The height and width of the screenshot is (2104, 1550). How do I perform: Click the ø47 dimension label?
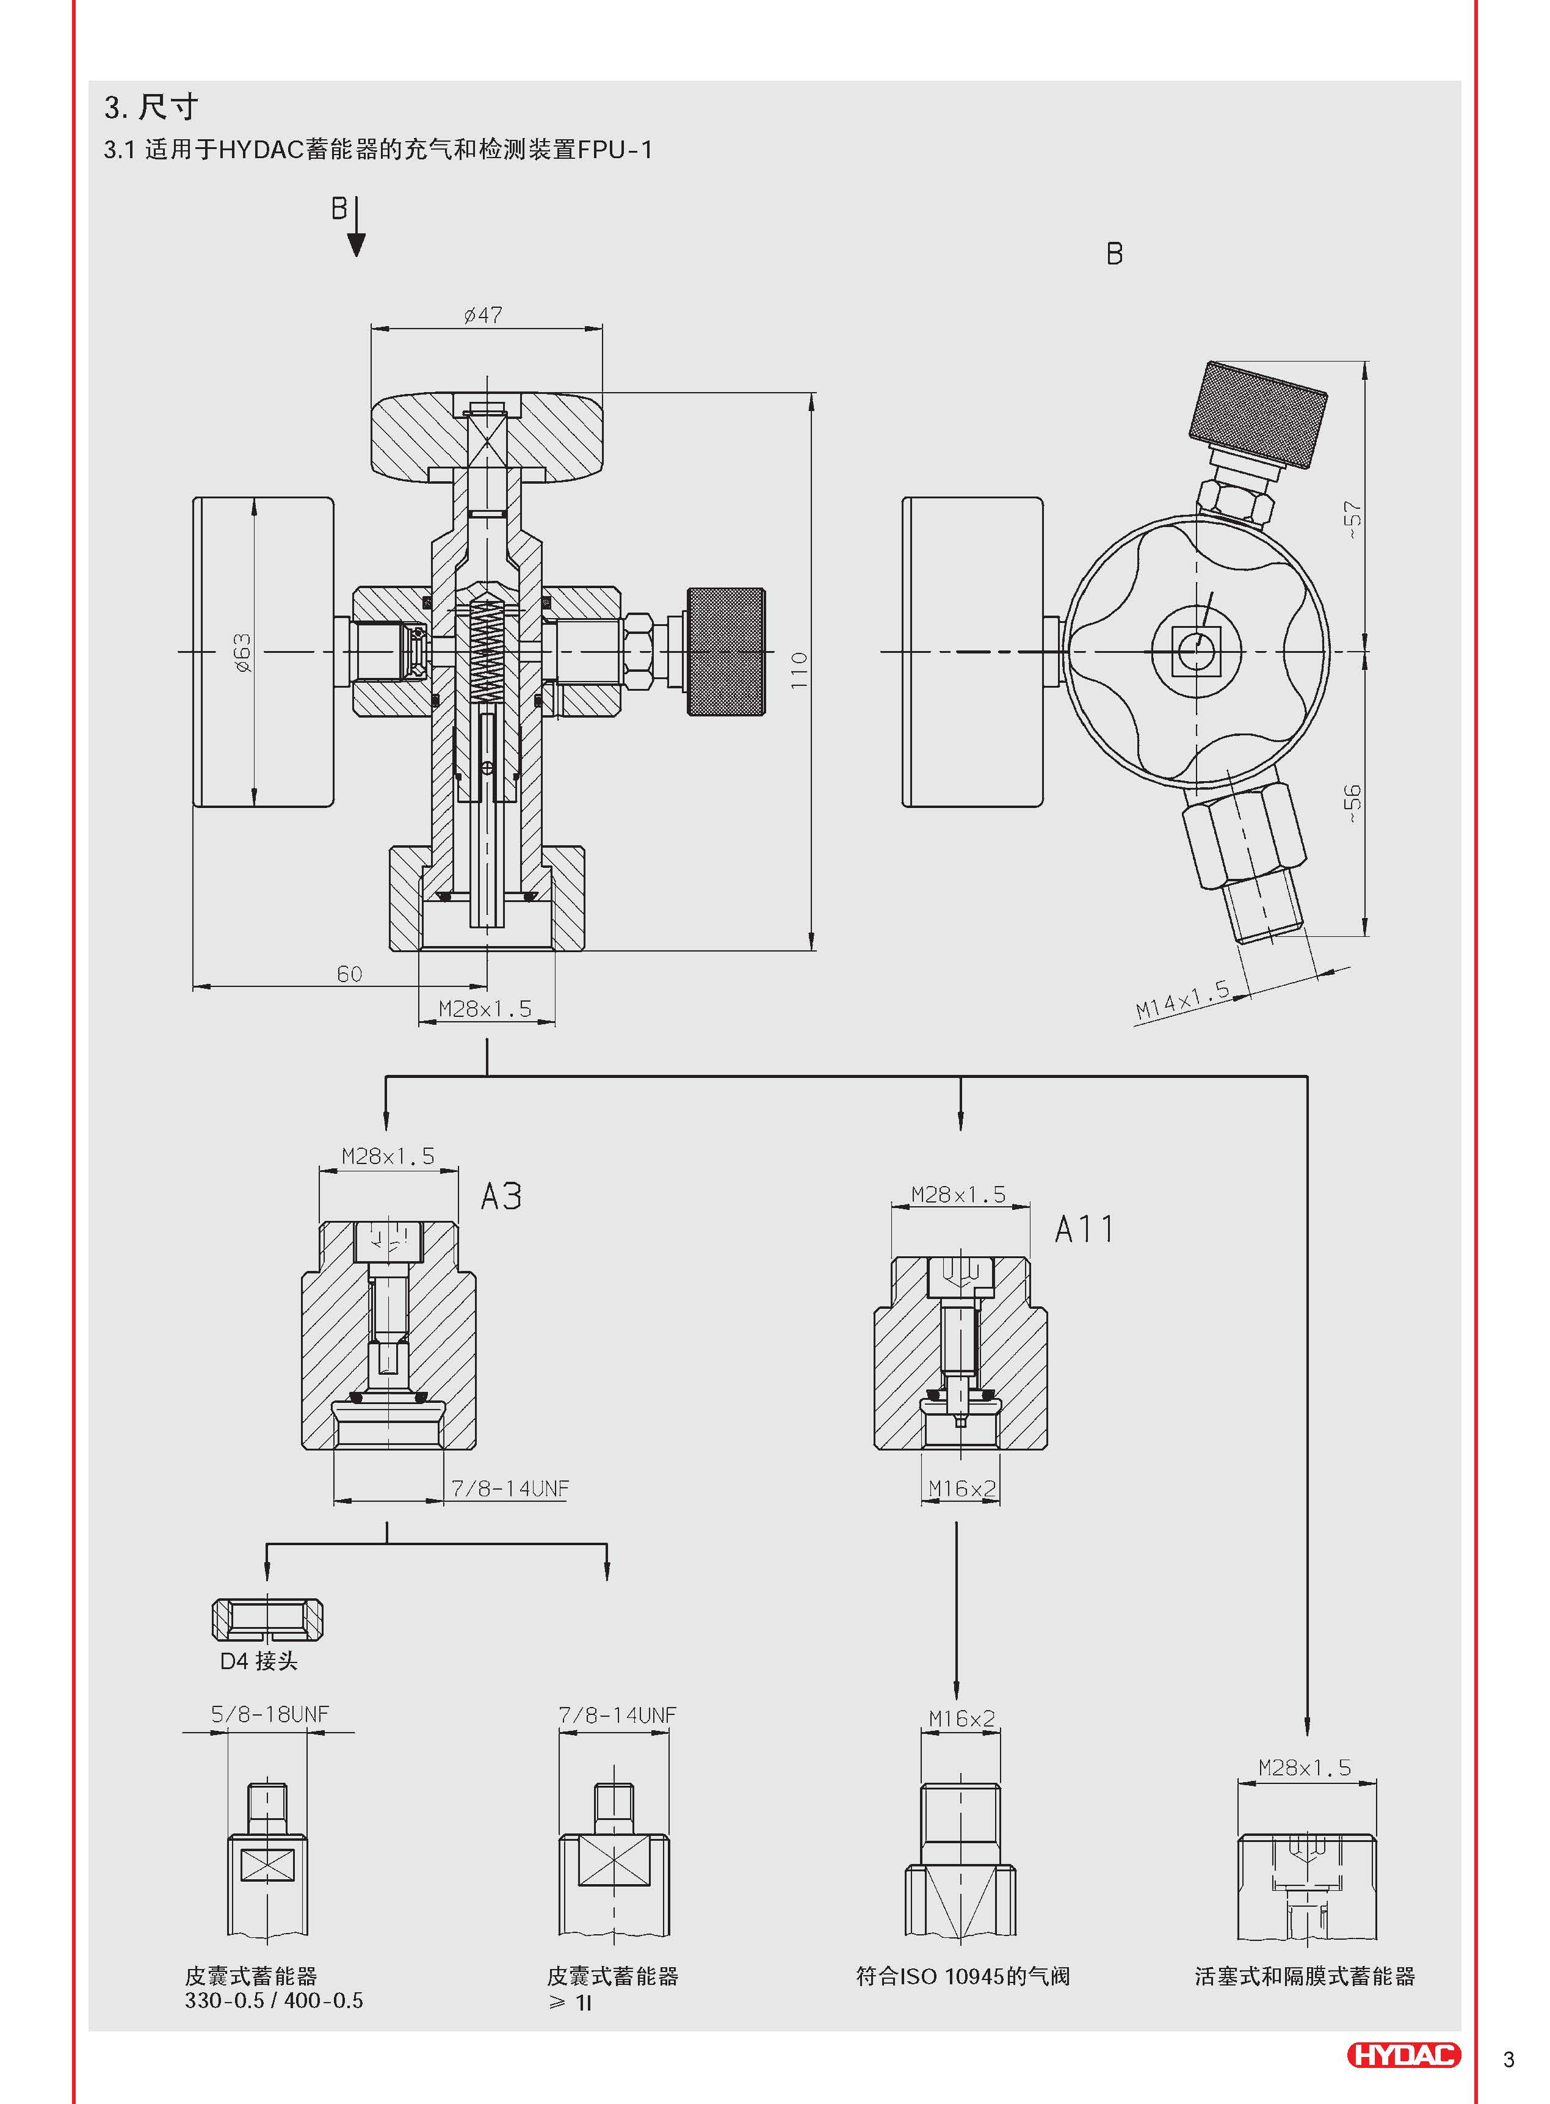483,315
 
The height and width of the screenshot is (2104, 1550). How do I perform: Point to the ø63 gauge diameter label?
242,653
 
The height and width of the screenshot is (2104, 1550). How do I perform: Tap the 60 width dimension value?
349,974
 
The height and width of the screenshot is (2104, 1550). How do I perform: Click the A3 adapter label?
501,1196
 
